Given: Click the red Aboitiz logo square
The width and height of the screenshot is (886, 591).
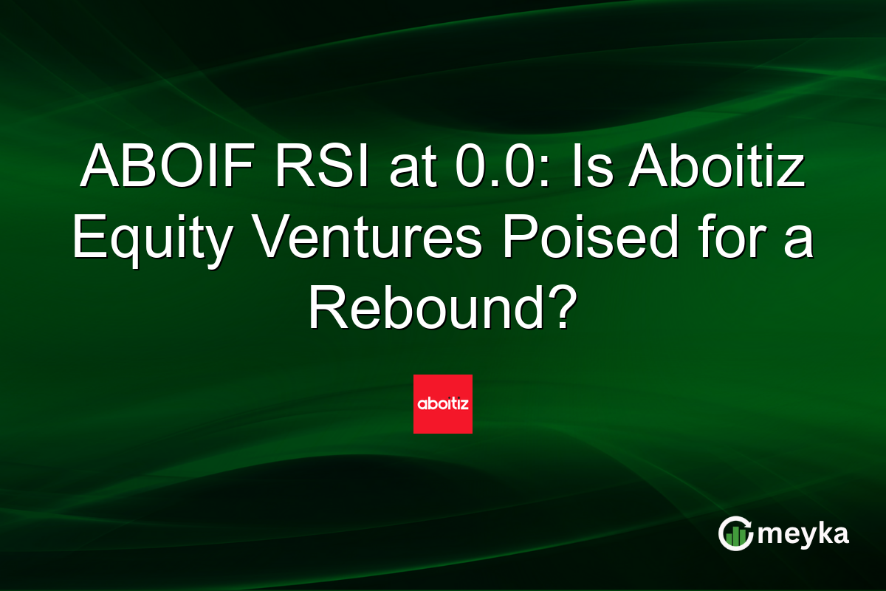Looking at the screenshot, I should tap(443, 404).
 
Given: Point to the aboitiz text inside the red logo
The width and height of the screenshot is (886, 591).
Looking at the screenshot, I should tap(443, 405).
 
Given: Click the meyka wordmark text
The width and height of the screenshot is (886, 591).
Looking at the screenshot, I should tap(805, 534).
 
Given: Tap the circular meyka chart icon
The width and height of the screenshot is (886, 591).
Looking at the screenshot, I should tap(735, 533).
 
